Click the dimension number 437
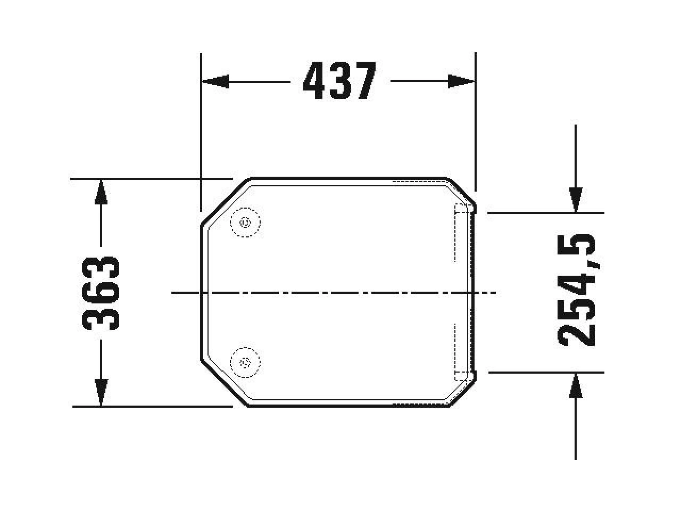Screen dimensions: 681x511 [x=340, y=81]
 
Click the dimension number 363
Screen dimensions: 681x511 [x=100, y=293]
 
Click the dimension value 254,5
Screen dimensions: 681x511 [x=576, y=290]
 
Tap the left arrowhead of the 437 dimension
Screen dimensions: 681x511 [x=215, y=81]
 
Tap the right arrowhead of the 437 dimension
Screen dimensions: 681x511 [x=461, y=81]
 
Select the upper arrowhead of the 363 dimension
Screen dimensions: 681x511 [x=101, y=192]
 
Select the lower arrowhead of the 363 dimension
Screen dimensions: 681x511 [x=101, y=392]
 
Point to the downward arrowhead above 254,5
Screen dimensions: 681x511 [x=576, y=200]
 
